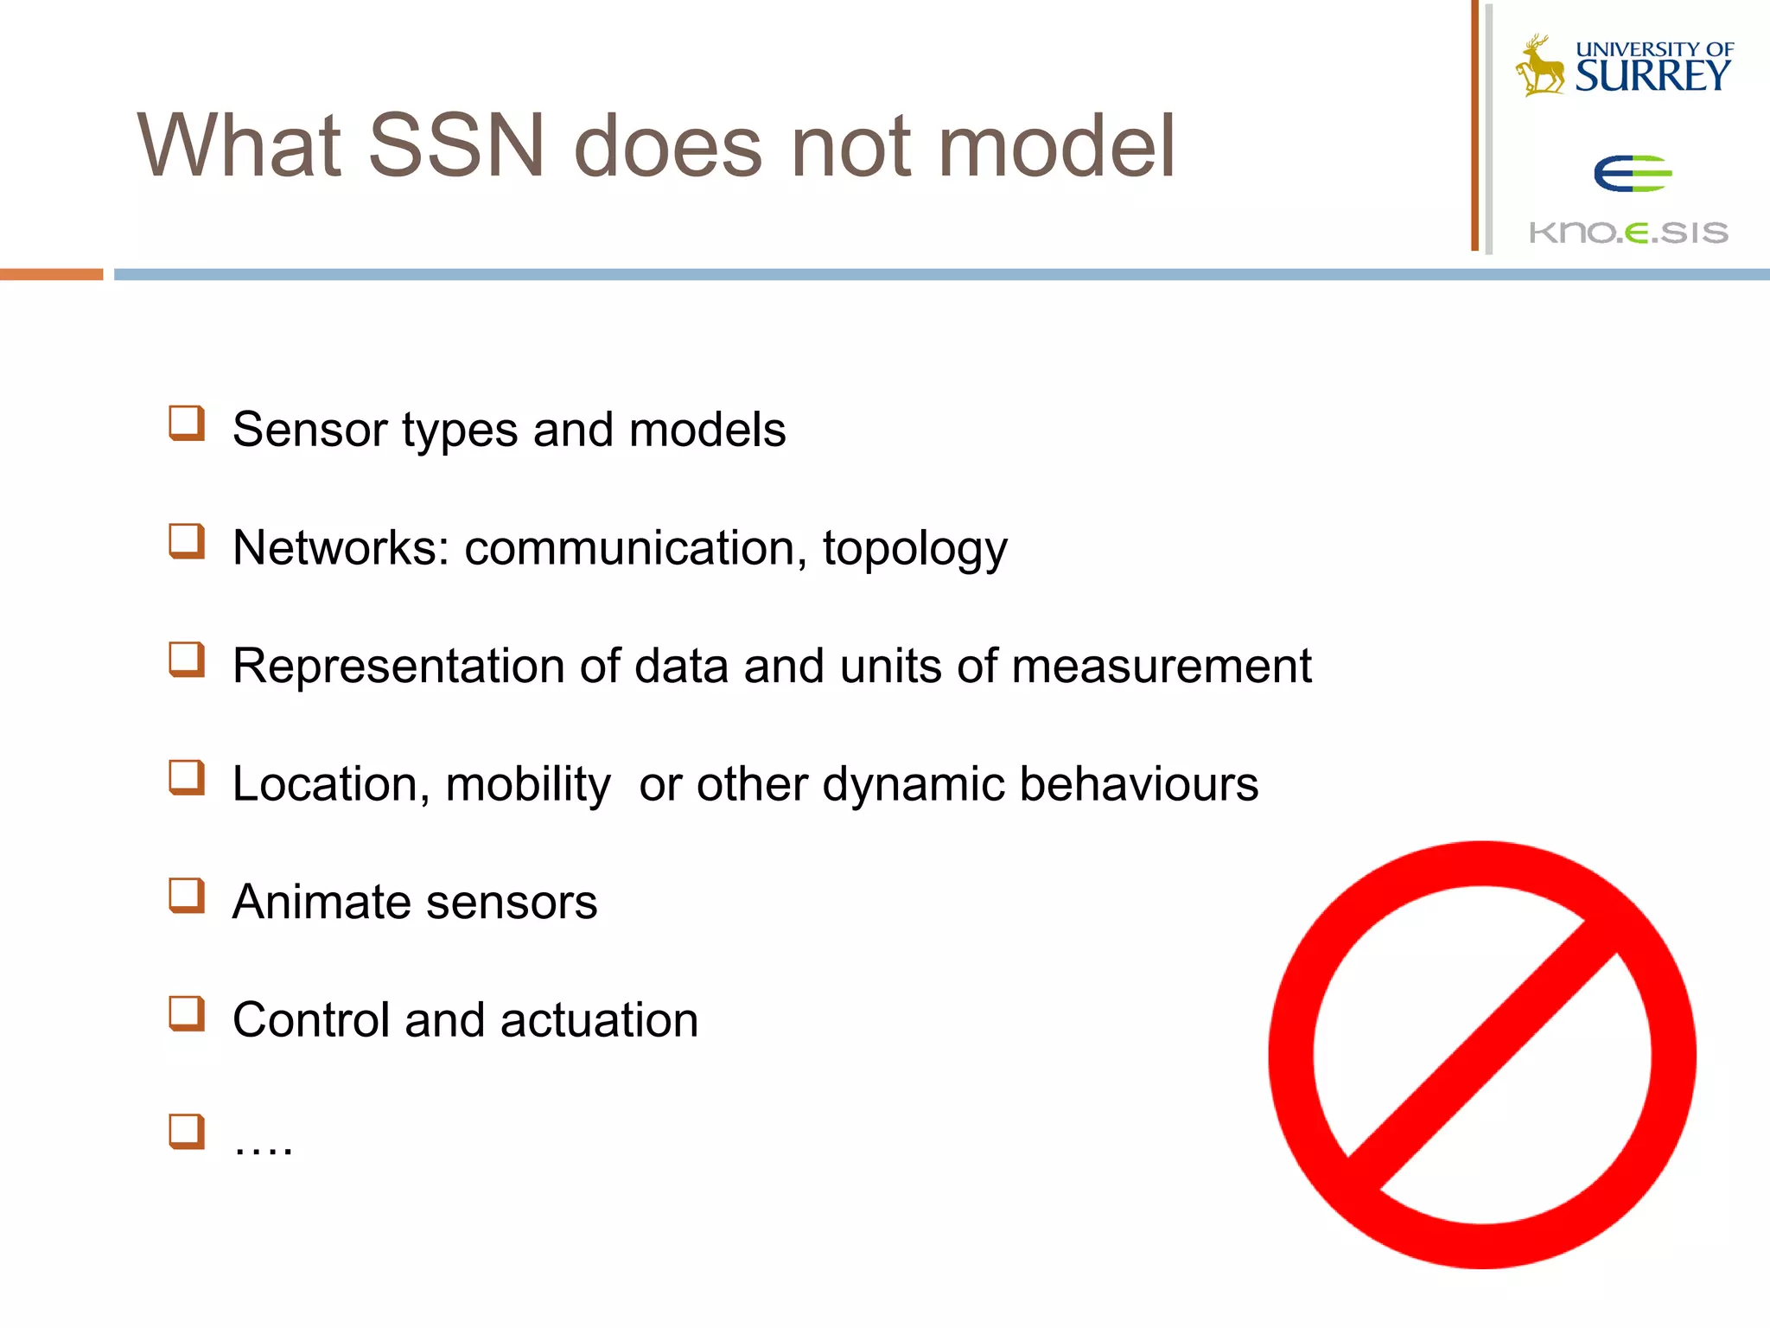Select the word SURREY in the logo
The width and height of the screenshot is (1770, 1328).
(x=1652, y=77)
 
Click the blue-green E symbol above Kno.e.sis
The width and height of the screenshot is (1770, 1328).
(x=1632, y=174)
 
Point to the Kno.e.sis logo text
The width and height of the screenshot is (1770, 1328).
(x=1628, y=233)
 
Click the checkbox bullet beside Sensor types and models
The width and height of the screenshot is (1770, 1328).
(x=187, y=424)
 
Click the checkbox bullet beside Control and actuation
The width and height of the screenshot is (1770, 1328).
(x=187, y=1014)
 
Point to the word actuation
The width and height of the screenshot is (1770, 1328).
(x=599, y=1020)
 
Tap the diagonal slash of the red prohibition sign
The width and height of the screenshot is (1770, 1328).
(x=1482, y=1055)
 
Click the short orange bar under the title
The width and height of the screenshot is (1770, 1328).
(x=51, y=274)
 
